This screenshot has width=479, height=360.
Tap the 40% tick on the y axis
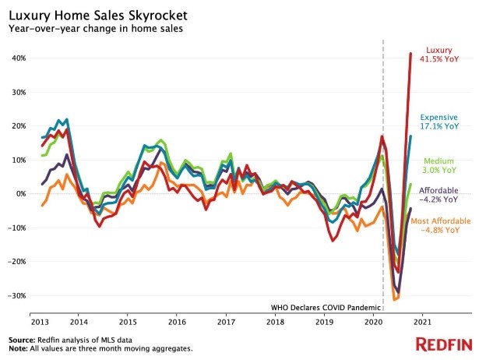pyautogui.click(x=18, y=58)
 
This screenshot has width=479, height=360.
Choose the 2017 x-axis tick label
pyautogui.click(x=226, y=321)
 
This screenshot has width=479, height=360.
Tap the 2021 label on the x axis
pyautogui.click(x=421, y=321)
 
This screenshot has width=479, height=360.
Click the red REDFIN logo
pyautogui.click(x=443, y=344)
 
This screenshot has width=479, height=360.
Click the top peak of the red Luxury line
pyautogui.click(x=410, y=54)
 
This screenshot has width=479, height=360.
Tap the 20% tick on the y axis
pyautogui.click(x=18, y=126)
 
